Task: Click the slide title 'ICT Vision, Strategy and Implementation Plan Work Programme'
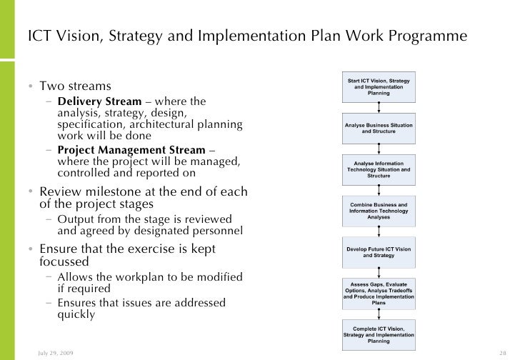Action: (247, 36)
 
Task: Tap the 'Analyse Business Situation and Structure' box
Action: (379, 129)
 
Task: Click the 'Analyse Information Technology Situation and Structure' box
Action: (379, 169)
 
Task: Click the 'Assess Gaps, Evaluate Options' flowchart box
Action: (379, 293)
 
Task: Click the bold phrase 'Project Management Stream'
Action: (131, 150)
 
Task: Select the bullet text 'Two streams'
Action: (75, 86)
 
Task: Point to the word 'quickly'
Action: (76, 314)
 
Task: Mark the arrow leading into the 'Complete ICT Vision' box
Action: (379, 314)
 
